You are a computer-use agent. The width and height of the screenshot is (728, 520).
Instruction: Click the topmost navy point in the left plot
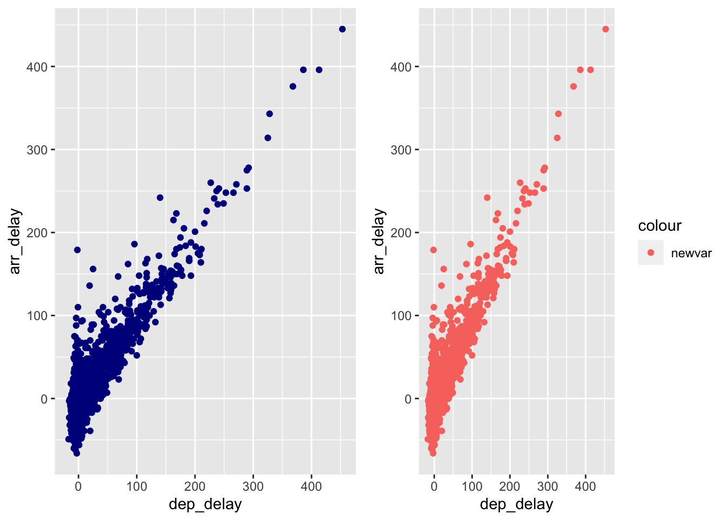pyautogui.click(x=342, y=29)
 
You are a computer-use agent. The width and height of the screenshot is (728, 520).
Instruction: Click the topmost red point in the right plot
pyautogui.click(x=606, y=29)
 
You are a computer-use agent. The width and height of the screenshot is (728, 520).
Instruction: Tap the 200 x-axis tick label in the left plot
pyautogui.click(x=195, y=486)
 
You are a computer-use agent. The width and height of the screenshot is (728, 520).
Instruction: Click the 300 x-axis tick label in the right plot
pyautogui.click(x=548, y=486)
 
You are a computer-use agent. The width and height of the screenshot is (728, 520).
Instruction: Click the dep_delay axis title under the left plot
pyautogui.click(x=205, y=504)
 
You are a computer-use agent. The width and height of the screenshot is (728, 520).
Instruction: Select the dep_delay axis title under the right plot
pyautogui.click(x=517, y=504)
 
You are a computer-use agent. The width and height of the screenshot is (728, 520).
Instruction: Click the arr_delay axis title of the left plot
pyautogui.click(x=15, y=241)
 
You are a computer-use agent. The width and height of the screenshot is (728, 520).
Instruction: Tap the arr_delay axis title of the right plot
pyautogui.click(x=379, y=241)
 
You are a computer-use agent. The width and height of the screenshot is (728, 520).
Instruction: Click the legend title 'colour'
pyautogui.click(x=660, y=226)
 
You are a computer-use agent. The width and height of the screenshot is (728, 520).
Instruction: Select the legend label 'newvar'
pyautogui.click(x=691, y=253)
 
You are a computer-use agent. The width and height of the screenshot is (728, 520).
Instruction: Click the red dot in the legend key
pyautogui.click(x=651, y=252)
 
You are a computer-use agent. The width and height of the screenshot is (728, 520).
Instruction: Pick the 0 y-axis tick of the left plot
pyautogui.click(x=44, y=399)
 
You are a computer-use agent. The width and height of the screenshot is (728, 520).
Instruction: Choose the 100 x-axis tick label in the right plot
pyautogui.click(x=472, y=486)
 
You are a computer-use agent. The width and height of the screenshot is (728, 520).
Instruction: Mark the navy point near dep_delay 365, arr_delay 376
pyautogui.click(x=293, y=87)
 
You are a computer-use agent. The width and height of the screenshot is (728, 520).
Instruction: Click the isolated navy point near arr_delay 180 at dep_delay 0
pyautogui.click(x=77, y=250)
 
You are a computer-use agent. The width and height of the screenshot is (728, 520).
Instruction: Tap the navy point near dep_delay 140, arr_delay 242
pyautogui.click(x=160, y=198)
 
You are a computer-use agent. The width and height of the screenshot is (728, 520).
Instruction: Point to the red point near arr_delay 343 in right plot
pyautogui.click(x=558, y=114)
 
